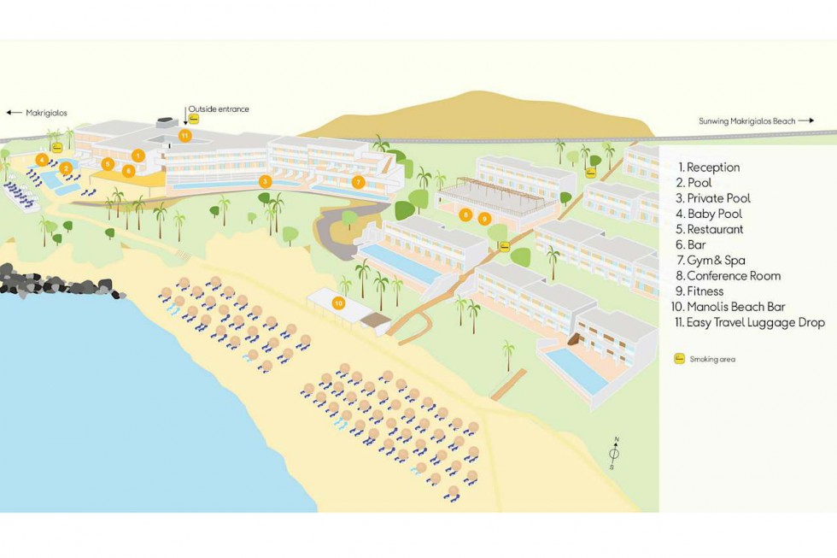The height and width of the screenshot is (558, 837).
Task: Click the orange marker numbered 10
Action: pos(338,303)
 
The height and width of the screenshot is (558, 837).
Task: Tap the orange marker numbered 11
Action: pos(184,136)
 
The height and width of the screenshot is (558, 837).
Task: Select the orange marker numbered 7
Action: pos(358,182)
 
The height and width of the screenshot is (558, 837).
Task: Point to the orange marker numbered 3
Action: pos(265,181)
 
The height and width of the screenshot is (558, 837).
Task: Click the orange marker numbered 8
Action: pos(465,215)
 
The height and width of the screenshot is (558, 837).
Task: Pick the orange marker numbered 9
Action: pos(484,219)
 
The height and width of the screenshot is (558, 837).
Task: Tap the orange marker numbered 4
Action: pos(42,159)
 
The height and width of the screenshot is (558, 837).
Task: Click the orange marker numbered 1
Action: pos(138,156)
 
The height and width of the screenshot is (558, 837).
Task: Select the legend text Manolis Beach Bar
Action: pos(728,307)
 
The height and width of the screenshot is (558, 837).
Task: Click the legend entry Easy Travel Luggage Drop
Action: pos(750,322)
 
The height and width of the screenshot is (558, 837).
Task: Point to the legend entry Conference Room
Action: pos(728,276)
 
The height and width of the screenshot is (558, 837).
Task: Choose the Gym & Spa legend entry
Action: pos(711,261)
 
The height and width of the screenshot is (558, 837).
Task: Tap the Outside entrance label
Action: pos(219,109)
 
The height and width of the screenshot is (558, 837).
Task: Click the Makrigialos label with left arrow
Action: pos(37,113)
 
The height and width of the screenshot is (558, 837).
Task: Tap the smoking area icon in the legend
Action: pos(679,359)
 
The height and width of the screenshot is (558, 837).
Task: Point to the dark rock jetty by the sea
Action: pos(58,283)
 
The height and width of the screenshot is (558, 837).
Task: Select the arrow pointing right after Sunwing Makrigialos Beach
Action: pos(806,120)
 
